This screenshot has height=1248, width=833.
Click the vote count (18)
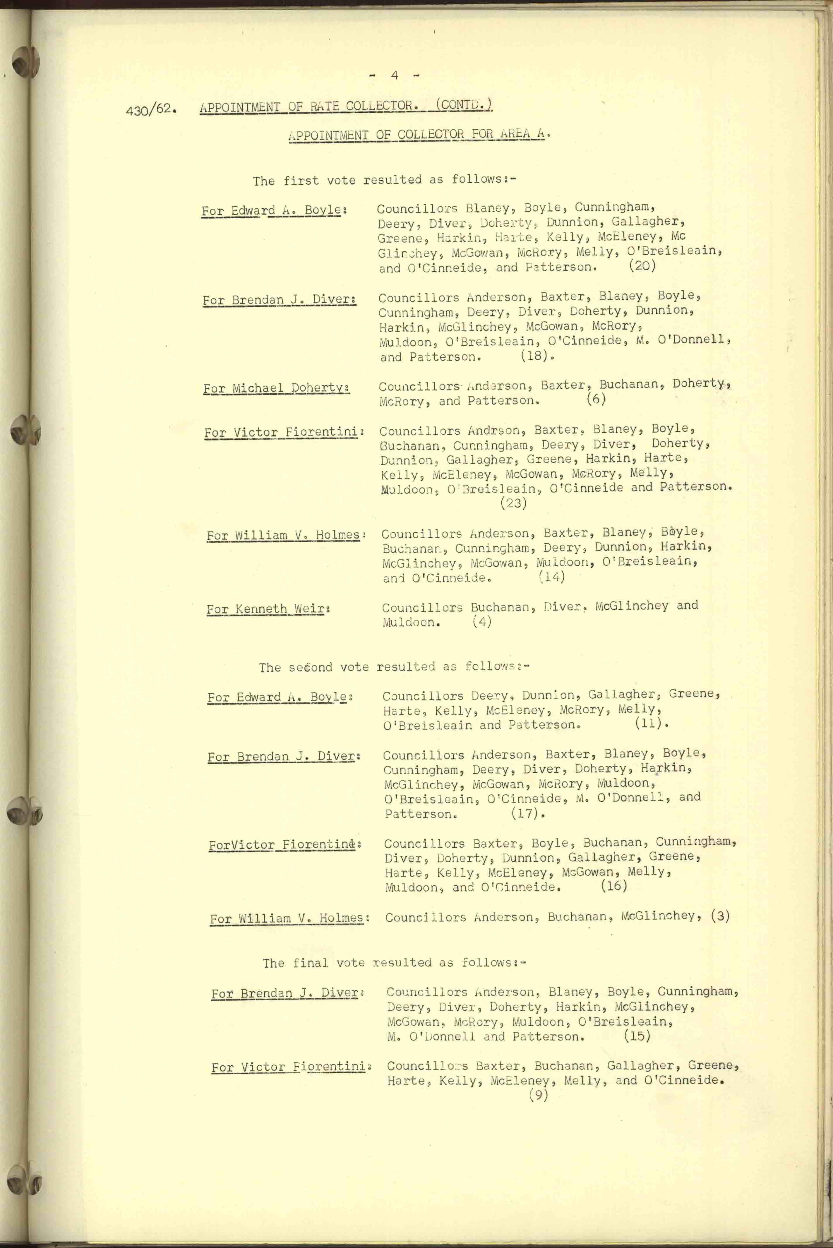click(534, 355)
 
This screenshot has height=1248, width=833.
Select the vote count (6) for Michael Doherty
click(596, 398)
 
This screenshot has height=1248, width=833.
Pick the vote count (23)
click(513, 503)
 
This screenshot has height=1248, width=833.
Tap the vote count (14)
click(551, 577)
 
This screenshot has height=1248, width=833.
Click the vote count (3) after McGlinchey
click(720, 916)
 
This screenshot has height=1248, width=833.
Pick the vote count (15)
click(637, 1035)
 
